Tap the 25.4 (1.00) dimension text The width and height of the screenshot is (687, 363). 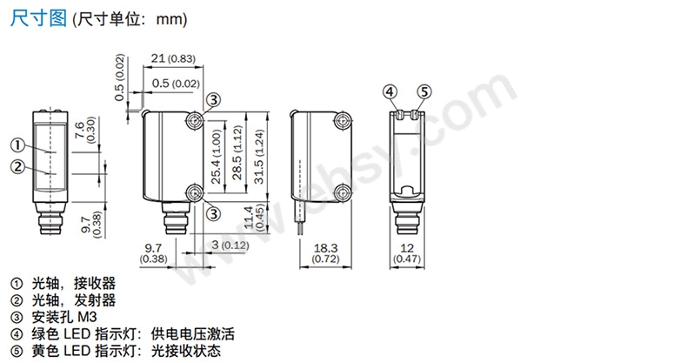click(x=218, y=153)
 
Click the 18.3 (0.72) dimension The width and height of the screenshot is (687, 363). click(x=323, y=253)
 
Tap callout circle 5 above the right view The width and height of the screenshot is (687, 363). click(x=424, y=91)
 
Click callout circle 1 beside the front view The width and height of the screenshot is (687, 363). click(x=17, y=145)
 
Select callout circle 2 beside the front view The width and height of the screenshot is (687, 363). click(x=17, y=166)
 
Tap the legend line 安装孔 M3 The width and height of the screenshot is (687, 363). click(x=61, y=317)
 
